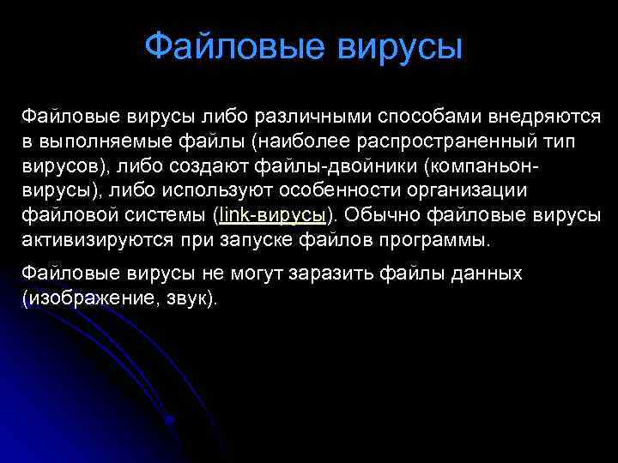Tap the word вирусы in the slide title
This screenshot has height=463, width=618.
click(x=400, y=46)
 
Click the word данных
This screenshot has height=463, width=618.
click(x=488, y=274)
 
